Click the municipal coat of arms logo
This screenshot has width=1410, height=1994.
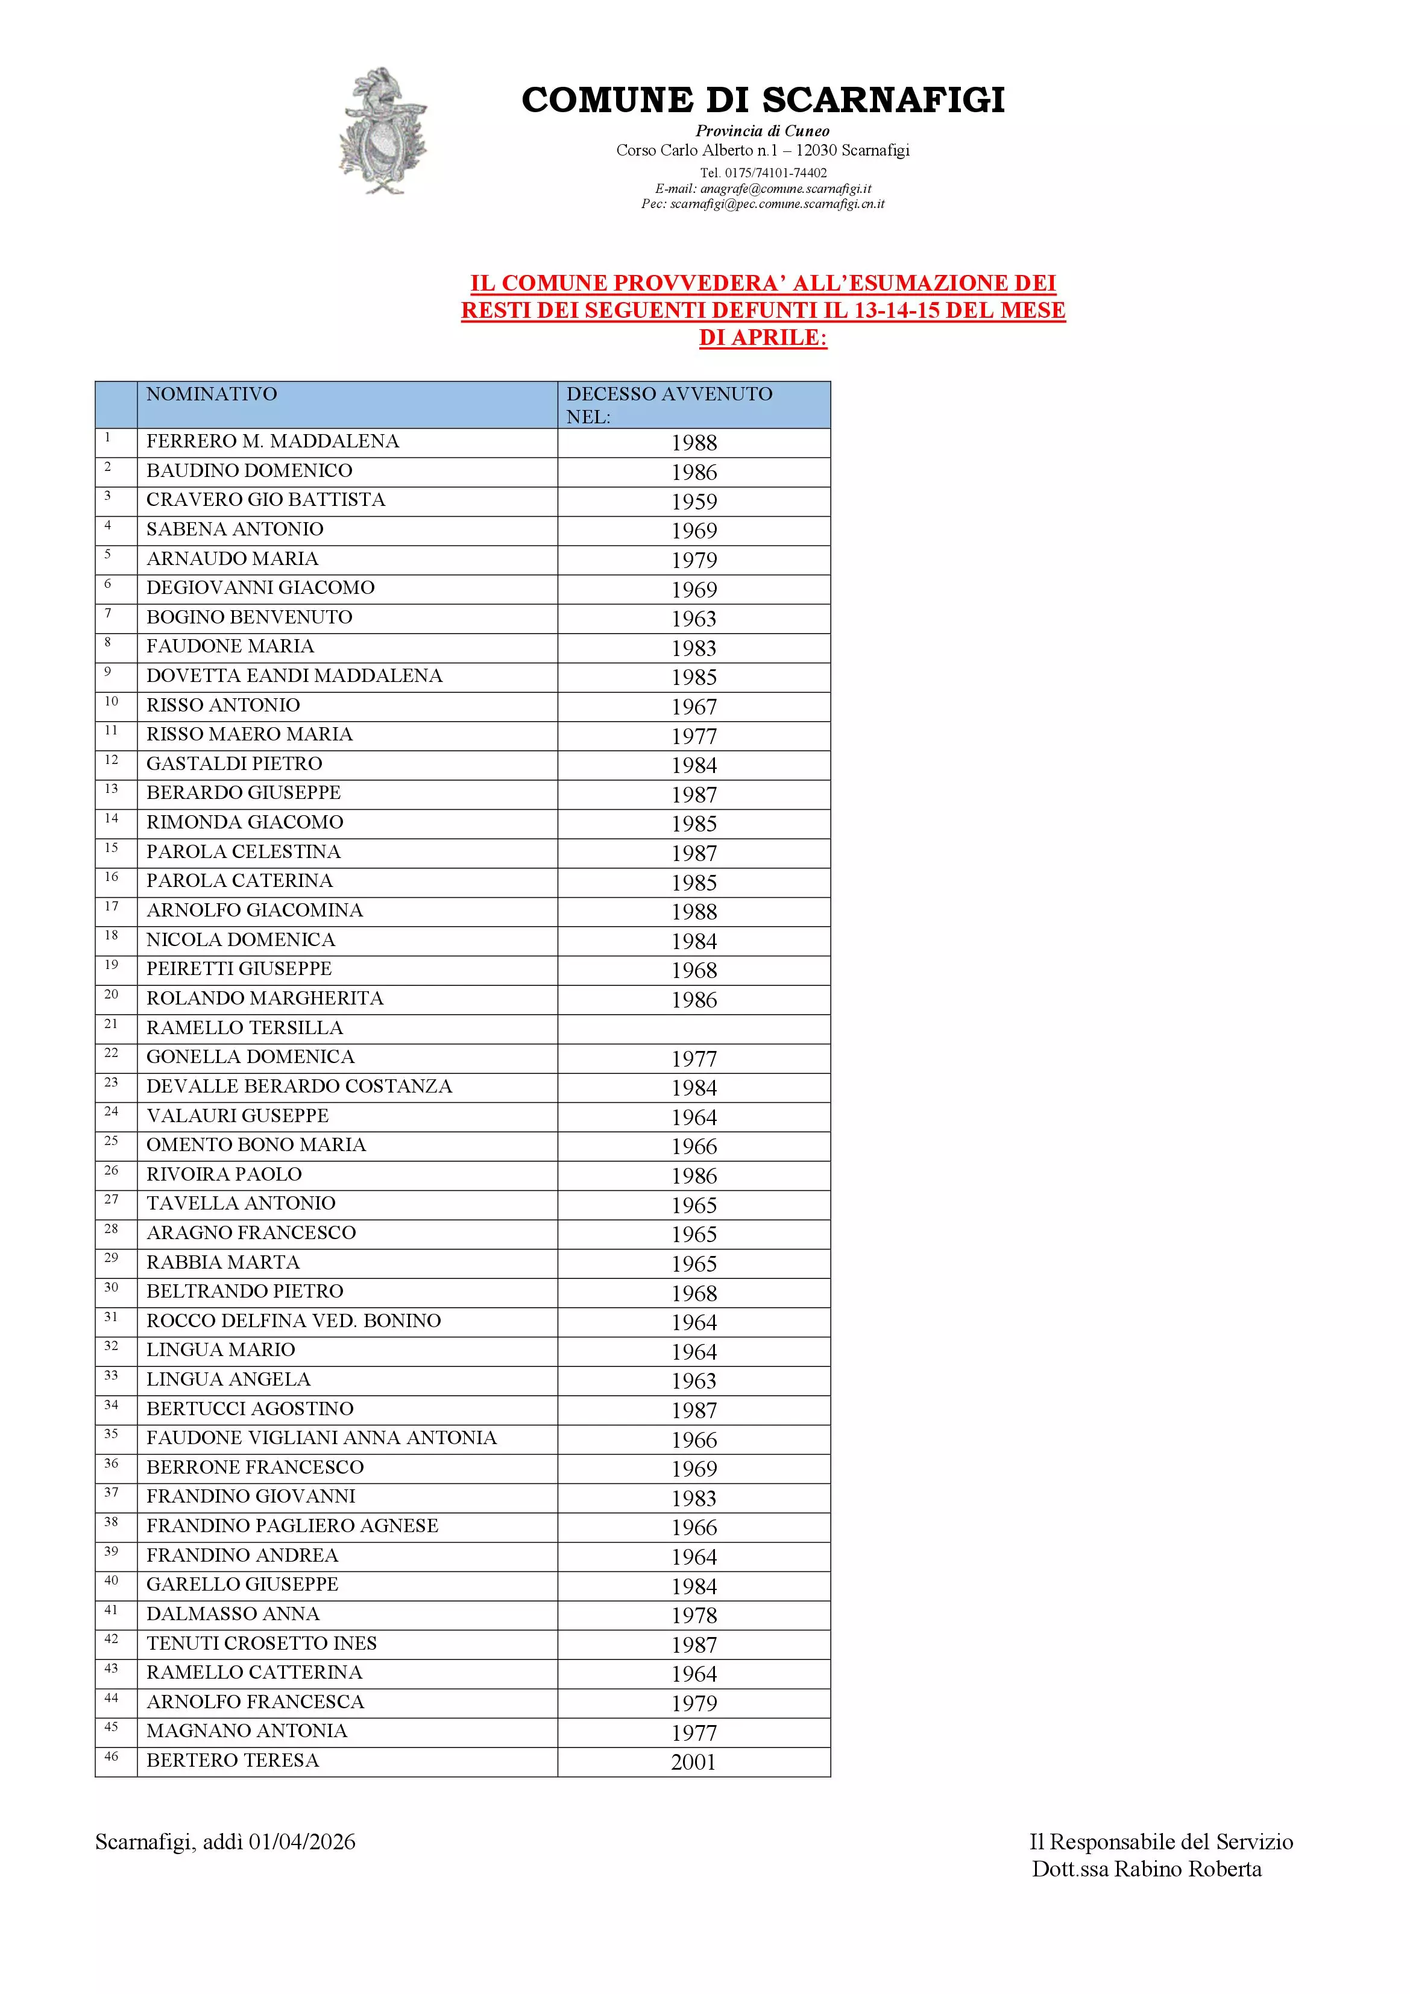tap(383, 131)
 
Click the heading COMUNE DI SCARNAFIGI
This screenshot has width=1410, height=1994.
tap(763, 100)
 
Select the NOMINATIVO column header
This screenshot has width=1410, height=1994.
tap(211, 394)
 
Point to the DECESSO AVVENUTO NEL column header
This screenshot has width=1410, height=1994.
tap(669, 405)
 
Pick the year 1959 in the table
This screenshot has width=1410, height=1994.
tap(694, 502)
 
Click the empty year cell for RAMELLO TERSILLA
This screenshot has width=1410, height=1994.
tap(694, 1029)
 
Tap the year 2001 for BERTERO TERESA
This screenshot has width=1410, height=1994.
tap(693, 1762)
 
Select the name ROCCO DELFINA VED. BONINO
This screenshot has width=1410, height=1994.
tap(294, 1321)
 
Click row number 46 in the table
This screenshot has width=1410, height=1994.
tap(111, 1757)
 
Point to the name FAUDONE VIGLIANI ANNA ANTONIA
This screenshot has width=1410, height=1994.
tap(321, 1438)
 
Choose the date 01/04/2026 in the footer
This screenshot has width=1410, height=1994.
tap(302, 1842)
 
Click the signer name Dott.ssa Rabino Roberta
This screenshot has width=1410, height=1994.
tap(1146, 1869)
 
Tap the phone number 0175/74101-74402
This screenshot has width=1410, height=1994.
tap(775, 173)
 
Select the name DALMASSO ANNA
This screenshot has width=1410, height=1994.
tap(233, 1614)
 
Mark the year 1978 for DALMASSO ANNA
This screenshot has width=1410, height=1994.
tap(694, 1615)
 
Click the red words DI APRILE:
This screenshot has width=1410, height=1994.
tap(763, 338)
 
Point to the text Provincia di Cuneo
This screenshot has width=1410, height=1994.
tap(763, 131)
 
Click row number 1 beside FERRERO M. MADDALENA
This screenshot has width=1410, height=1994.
tap(108, 438)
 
